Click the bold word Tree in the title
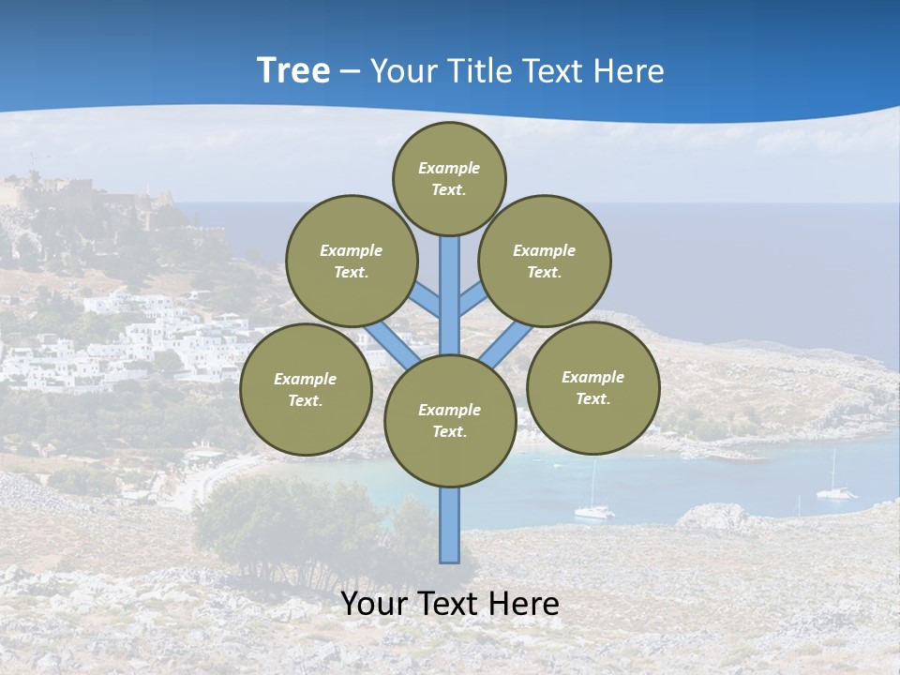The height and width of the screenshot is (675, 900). click(293, 70)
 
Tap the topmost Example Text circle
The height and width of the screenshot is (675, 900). click(449, 178)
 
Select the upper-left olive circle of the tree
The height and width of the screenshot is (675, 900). click(351, 261)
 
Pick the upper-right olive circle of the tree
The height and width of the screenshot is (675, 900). click(544, 261)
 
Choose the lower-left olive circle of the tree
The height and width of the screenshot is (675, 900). click(306, 389)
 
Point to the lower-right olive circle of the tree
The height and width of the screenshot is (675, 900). click(592, 387)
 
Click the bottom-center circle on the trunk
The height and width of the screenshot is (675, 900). click(450, 421)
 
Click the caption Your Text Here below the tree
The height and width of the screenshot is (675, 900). click(450, 604)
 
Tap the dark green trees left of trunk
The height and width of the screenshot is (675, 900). click(272, 525)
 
